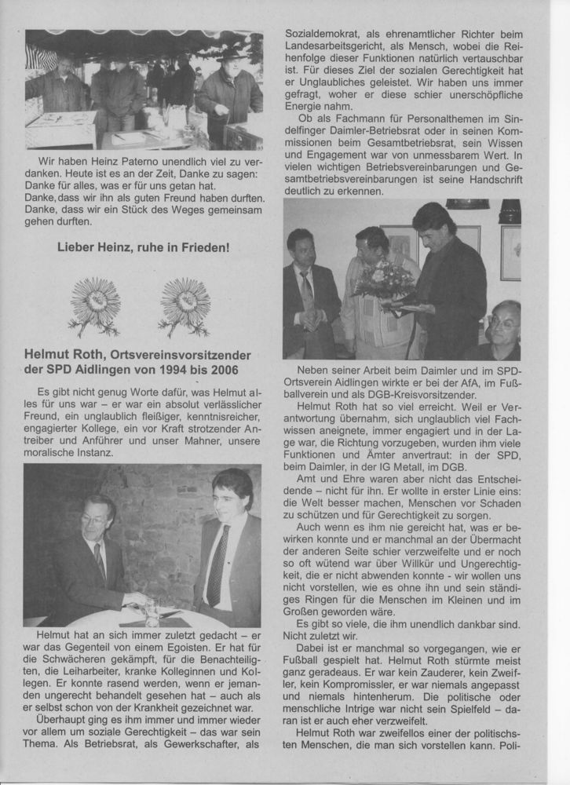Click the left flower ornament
(x=94, y=305)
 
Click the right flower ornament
(x=185, y=305)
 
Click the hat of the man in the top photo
(x=232, y=55)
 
